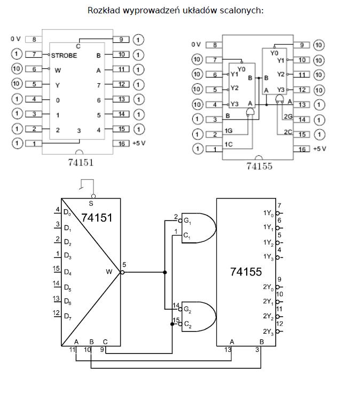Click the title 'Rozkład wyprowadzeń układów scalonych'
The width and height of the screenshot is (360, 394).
176,10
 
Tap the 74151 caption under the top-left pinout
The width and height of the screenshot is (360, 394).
81,162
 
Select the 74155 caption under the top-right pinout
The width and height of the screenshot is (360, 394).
259,166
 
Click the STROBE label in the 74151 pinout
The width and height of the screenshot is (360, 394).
64,55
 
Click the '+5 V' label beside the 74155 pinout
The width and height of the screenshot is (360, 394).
319,148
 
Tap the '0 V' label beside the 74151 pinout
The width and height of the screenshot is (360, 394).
15,39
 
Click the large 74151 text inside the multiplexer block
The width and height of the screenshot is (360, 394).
97,217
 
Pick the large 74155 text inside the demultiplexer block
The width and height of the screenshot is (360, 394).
246,272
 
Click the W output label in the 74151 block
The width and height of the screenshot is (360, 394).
109,272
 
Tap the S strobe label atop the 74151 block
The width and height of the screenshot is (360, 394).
91,203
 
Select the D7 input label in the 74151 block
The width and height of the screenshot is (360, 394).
68,317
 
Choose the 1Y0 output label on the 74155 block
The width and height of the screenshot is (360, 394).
268,214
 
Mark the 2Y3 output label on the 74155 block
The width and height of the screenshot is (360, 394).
268,332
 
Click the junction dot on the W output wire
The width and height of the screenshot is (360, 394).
165,272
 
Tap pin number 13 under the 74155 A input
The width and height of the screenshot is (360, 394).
229,350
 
